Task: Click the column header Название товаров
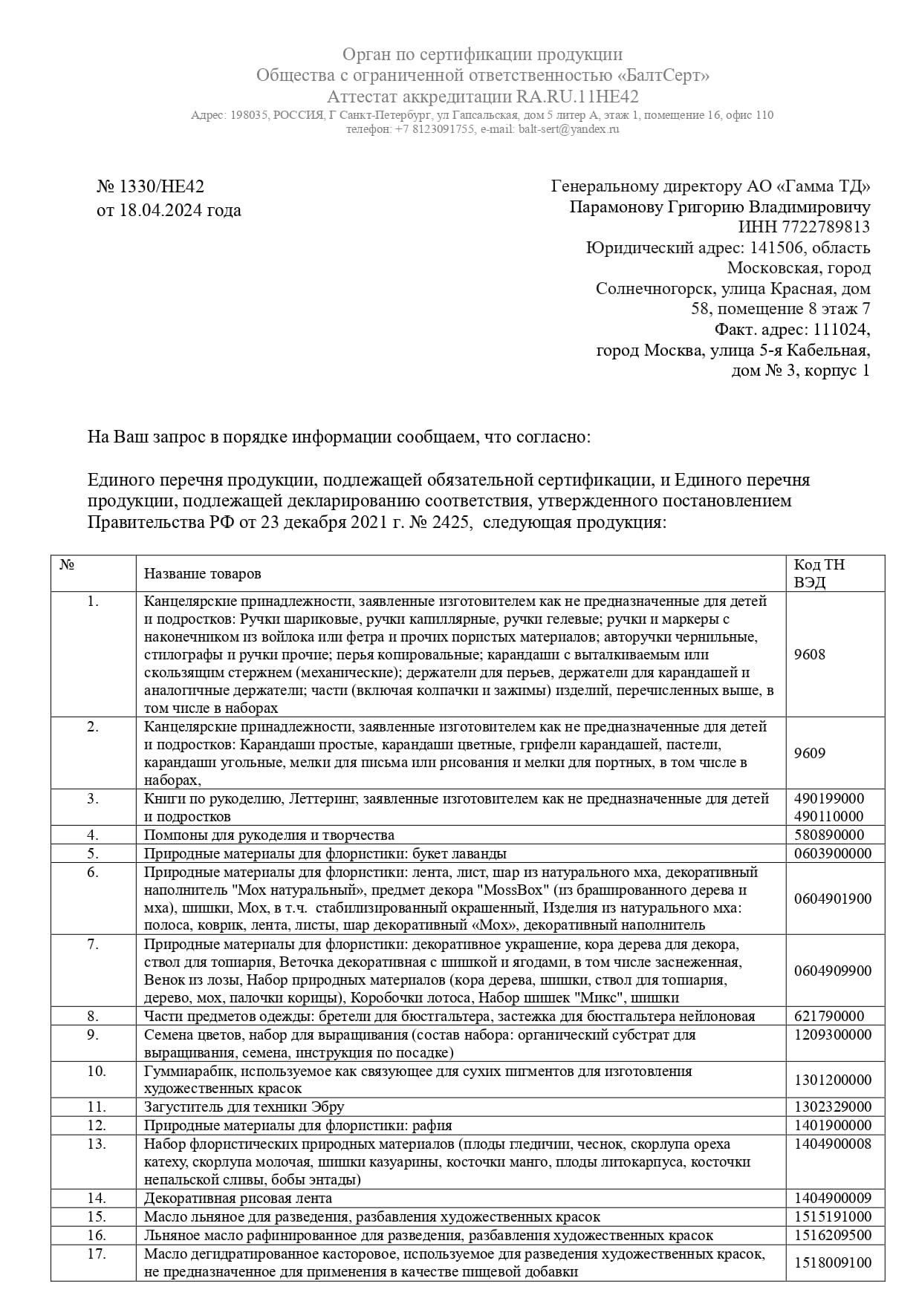[202, 574]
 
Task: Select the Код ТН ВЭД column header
[819, 573]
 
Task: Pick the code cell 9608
[809, 654]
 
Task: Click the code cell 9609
[809, 753]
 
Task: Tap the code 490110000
[828, 816]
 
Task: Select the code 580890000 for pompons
[828, 835]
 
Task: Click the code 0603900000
[832, 853]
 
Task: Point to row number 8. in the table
[93, 1016]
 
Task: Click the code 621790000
[828, 1016]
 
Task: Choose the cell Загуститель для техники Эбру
[244, 1107]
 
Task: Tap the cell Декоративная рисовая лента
[238, 1198]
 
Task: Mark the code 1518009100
[832, 1262]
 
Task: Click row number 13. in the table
[96, 1144]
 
